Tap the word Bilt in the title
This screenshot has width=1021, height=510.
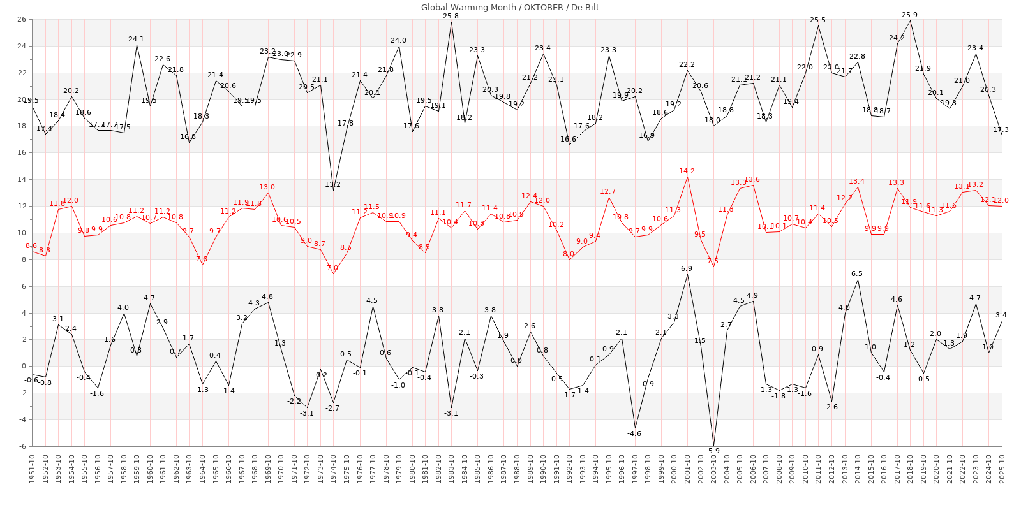click(x=591, y=8)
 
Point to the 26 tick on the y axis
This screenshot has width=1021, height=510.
click(x=21, y=20)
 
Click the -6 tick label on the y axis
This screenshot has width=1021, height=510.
click(x=21, y=446)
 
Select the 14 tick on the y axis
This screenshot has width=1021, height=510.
click(x=21, y=179)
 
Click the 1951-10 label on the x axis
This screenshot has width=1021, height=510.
click(x=32, y=469)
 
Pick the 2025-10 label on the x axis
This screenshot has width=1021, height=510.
click(x=1002, y=469)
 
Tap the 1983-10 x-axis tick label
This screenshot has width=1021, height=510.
click(x=451, y=469)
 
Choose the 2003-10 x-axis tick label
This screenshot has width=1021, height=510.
click(x=713, y=469)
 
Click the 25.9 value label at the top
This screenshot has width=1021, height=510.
click(x=910, y=15)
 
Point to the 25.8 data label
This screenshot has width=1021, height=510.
click(x=451, y=16)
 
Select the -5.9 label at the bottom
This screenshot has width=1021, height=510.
click(x=713, y=451)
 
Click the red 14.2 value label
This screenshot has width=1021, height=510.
click(x=687, y=171)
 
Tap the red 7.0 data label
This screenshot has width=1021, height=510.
click(x=332, y=268)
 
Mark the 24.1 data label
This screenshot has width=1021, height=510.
click(x=137, y=39)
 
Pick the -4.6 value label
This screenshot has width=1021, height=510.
click(x=634, y=433)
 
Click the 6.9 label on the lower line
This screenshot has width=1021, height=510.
click(x=687, y=268)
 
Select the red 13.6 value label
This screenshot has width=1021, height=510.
click(x=752, y=179)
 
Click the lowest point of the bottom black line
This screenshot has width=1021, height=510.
click(x=713, y=445)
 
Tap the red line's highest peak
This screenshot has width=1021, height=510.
click(x=687, y=177)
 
